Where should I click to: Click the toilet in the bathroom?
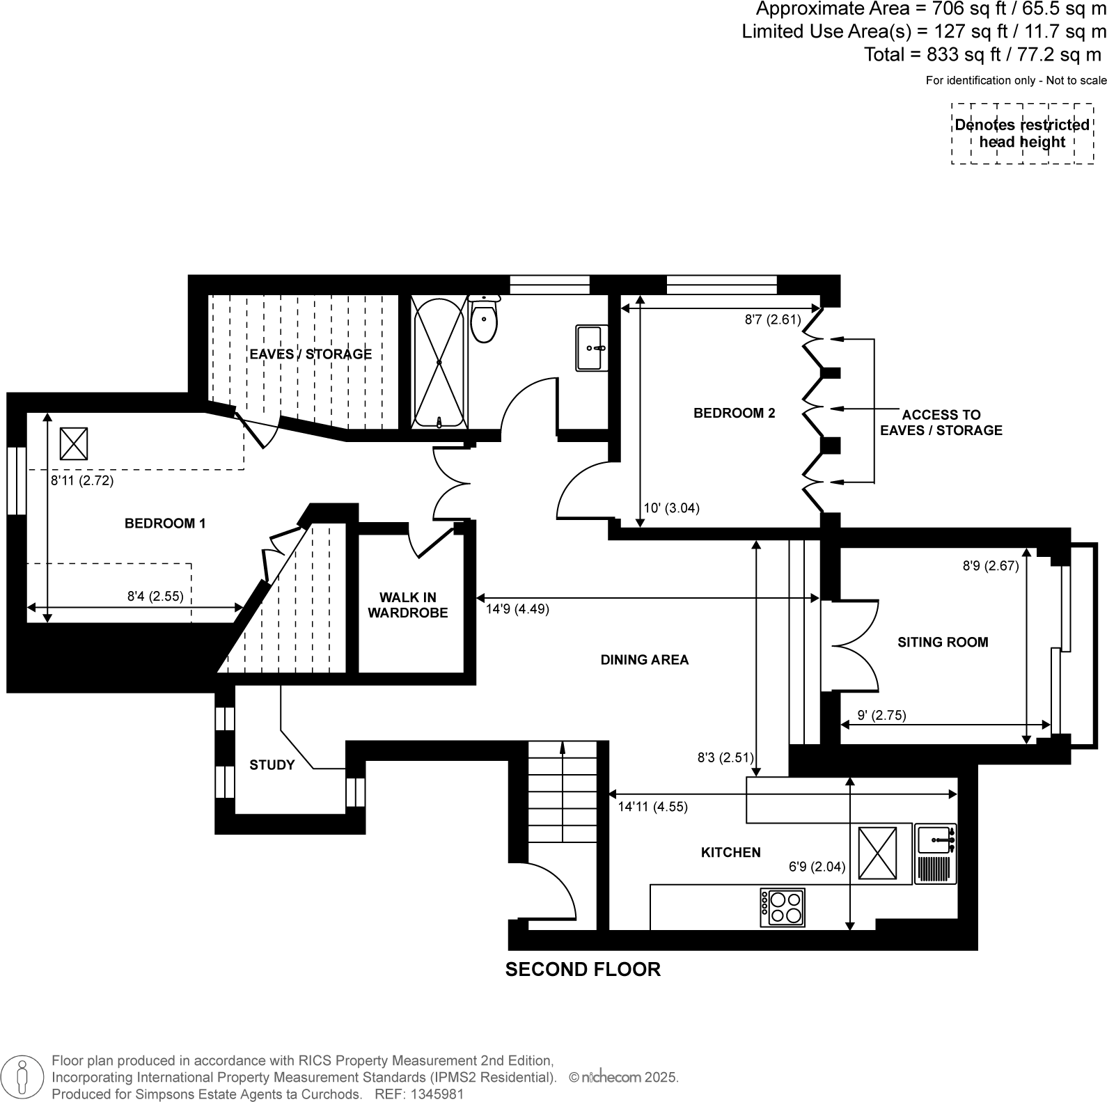(x=484, y=320)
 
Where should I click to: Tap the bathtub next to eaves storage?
(x=439, y=362)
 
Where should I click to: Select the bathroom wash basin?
(x=591, y=347)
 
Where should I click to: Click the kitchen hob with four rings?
(x=783, y=907)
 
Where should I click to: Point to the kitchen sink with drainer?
(x=935, y=853)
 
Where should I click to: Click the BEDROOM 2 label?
(x=734, y=413)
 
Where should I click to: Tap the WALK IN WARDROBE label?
(x=408, y=605)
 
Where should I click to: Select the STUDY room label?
(x=272, y=765)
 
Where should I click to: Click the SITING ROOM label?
(x=943, y=642)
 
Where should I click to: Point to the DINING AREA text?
(x=644, y=659)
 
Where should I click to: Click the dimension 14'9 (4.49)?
(x=517, y=609)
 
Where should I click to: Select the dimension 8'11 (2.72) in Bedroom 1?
(x=82, y=480)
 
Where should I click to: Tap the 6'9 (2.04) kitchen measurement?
(x=817, y=867)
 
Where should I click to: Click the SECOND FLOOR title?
(x=583, y=969)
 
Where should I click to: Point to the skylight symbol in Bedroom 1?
(x=74, y=443)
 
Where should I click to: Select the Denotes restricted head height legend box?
(x=1022, y=134)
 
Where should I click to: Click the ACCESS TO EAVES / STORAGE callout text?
(x=941, y=422)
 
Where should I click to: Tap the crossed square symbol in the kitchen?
(x=877, y=853)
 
